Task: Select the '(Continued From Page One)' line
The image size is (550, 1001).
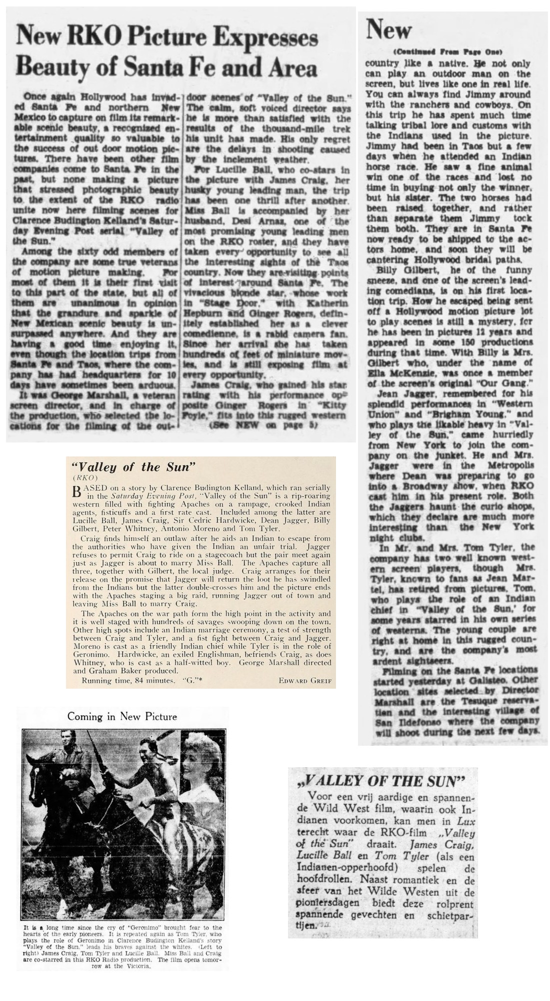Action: (447, 52)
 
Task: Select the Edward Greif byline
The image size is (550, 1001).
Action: (307, 681)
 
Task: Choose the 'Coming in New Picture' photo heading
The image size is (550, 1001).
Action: (122, 716)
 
